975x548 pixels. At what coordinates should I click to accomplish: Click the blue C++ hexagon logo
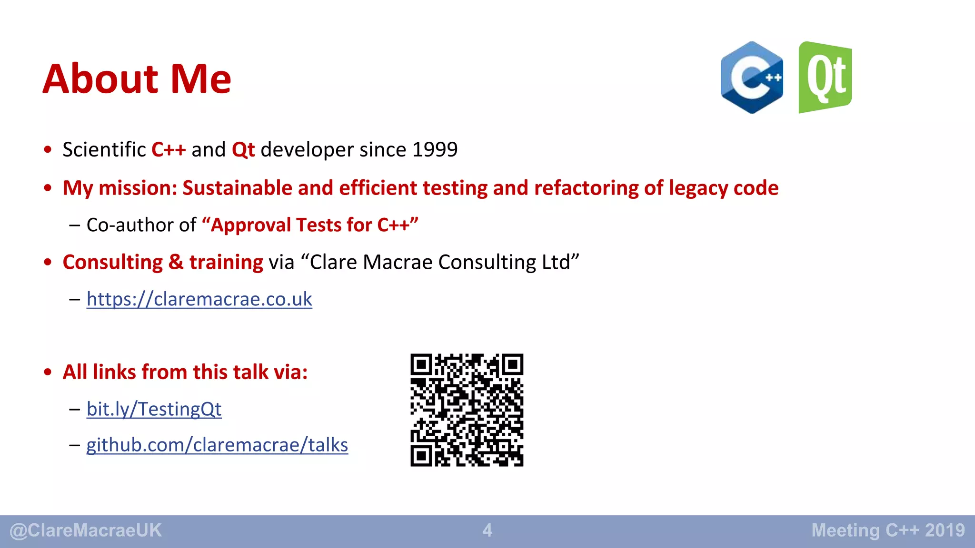(x=752, y=78)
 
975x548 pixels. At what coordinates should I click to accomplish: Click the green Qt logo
(x=825, y=78)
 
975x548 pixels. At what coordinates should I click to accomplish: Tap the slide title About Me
(x=137, y=79)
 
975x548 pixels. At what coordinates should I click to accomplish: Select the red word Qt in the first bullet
(x=243, y=150)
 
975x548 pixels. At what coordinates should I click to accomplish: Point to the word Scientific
(x=104, y=150)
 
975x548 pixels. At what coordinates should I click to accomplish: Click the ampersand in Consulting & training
(x=176, y=263)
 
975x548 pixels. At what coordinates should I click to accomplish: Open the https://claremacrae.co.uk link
(x=199, y=299)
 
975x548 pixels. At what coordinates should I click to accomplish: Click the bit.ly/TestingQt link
(x=154, y=409)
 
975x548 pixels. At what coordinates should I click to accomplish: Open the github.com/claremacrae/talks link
(x=217, y=445)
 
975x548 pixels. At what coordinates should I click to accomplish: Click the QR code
(x=467, y=410)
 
